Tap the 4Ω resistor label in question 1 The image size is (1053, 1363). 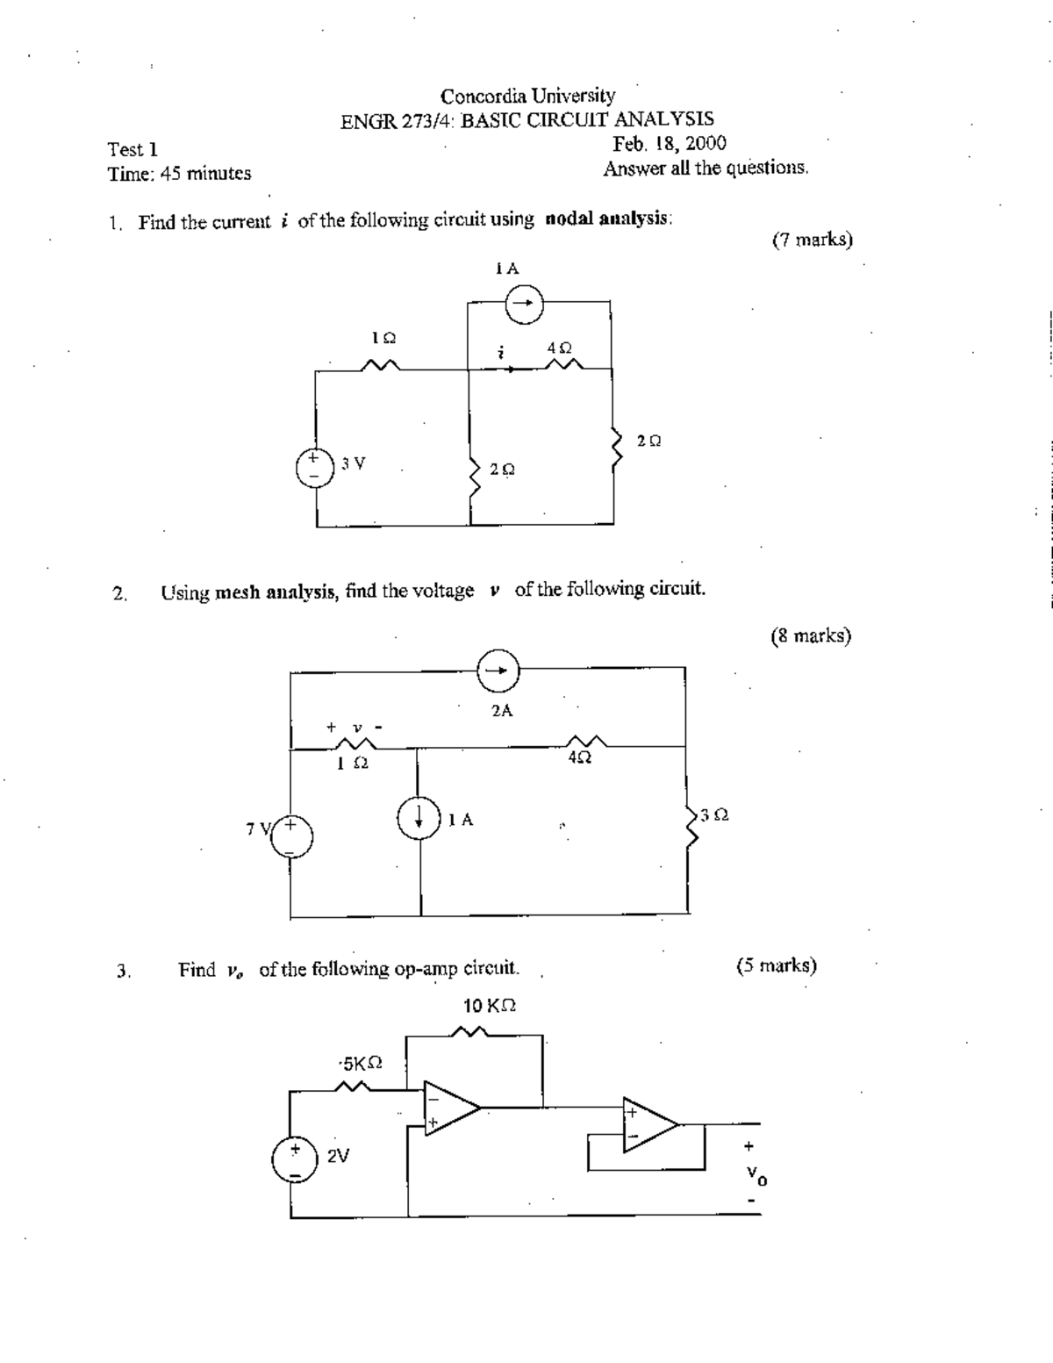559,348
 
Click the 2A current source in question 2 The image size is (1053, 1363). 498,671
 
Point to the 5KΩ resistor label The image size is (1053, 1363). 362,1064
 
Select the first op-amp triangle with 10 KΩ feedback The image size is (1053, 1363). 450,1108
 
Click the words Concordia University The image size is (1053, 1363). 527,96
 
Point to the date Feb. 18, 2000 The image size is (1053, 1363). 670,144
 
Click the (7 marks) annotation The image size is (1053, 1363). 812,240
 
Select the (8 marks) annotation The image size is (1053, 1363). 811,636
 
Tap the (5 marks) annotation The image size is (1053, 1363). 777,966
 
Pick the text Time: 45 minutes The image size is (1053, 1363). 179,174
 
